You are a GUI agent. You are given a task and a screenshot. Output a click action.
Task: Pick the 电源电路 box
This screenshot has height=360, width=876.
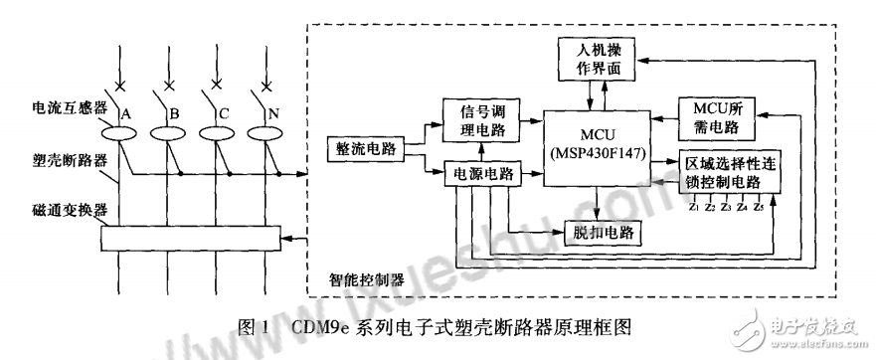(x=481, y=173)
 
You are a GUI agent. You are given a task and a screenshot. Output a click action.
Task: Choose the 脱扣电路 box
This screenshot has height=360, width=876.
(x=603, y=233)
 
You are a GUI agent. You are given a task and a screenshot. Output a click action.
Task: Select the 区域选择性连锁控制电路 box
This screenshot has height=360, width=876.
(x=730, y=172)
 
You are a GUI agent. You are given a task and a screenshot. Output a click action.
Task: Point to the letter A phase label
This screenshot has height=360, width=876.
(x=126, y=114)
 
